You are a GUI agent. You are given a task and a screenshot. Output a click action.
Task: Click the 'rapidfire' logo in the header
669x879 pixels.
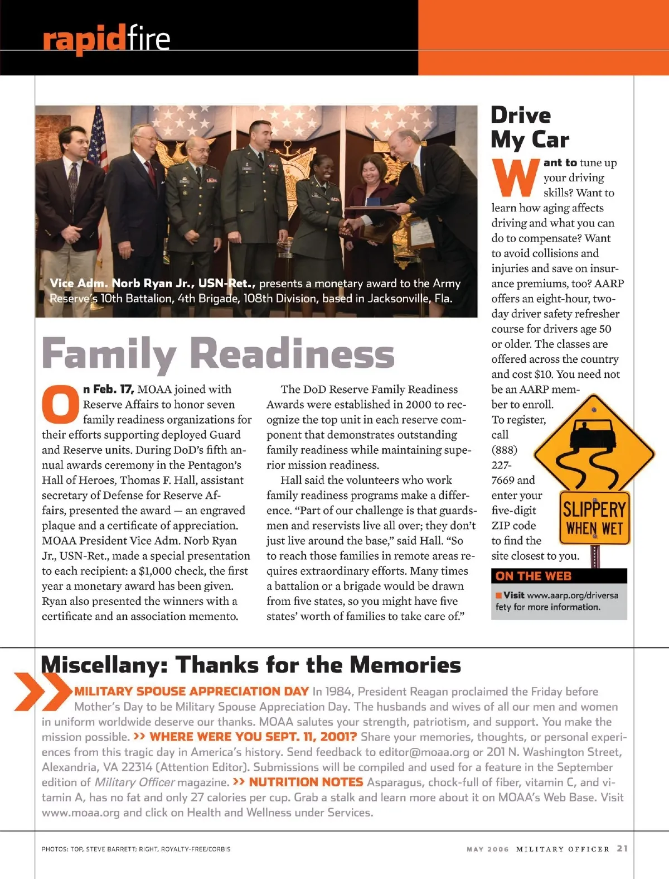tap(106, 39)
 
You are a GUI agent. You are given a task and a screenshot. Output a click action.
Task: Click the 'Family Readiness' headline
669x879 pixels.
tap(218, 353)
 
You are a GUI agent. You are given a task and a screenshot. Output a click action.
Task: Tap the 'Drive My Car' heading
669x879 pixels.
tap(530, 127)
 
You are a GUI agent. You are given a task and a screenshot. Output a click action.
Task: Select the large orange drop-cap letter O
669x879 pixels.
tap(60, 404)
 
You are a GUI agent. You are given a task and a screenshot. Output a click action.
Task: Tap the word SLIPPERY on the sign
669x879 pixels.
tap(594, 509)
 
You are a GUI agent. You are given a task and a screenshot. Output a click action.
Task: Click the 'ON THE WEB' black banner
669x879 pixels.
tap(559, 576)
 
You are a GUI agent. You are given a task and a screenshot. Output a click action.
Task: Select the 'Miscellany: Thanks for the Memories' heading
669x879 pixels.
tap(251, 665)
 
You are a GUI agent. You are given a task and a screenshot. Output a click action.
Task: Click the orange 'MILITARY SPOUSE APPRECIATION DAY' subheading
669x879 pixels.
tap(192, 691)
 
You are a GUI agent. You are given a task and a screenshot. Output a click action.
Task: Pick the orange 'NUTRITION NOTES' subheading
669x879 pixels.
tap(306, 782)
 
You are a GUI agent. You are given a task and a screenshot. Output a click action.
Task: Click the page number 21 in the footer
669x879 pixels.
tap(622, 848)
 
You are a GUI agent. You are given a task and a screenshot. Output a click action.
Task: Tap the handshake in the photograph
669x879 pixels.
tap(348, 226)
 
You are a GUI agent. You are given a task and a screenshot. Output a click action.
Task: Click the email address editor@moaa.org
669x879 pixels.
tap(424, 752)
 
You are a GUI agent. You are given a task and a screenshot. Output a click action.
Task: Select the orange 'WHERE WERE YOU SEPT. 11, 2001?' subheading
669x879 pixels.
tap(253, 737)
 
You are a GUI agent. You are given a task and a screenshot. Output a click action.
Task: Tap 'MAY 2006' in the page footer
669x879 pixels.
tap(488, 849)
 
